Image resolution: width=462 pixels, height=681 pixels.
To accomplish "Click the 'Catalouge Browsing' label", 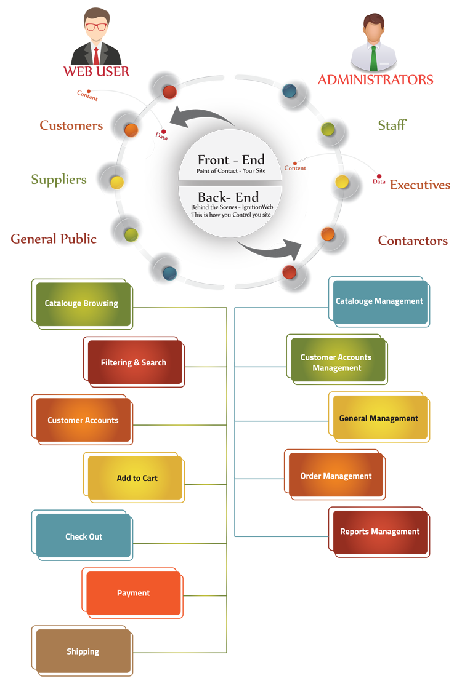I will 81,303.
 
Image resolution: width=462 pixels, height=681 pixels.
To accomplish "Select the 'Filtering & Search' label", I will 134,363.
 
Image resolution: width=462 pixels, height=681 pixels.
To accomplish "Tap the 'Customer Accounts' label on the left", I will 83,421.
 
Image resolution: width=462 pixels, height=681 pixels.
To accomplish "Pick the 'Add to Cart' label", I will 137,479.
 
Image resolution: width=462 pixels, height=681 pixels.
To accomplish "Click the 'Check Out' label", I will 84,537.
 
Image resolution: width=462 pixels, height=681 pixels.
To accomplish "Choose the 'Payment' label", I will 134,594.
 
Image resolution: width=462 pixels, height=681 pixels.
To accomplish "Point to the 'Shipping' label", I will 83,652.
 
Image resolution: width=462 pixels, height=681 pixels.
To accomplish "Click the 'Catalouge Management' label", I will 379,301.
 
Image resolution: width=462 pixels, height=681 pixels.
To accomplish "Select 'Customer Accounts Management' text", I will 336,363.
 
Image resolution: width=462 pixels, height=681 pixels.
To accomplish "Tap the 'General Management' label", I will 379,419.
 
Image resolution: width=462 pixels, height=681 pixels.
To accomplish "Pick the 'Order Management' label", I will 336,476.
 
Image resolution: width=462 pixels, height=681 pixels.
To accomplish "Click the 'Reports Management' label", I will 380,532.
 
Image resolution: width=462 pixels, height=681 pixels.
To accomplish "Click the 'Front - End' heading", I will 231,160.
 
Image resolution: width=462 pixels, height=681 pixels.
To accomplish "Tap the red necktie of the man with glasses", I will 96,55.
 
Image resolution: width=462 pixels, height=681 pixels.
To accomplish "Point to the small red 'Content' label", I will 295,169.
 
